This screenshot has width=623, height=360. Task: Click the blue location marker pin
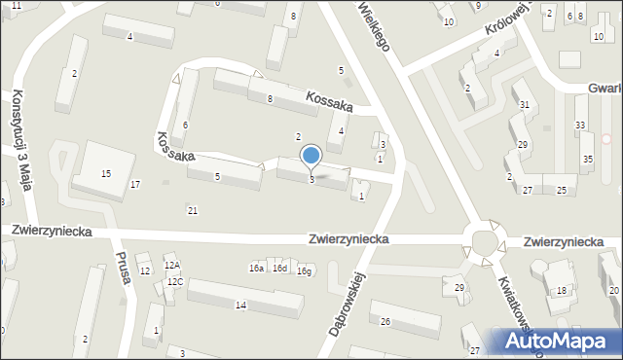[311, 156]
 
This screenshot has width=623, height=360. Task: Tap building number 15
[106, 173]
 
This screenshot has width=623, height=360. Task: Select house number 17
[135, 184]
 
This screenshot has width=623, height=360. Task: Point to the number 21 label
[193, 210]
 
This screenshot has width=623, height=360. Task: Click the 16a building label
[256, 268]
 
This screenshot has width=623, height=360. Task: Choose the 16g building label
[304, 270]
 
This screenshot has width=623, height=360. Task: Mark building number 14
[240, 306]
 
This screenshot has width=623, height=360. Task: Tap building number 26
[385, 321]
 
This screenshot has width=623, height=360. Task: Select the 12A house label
[171, 265]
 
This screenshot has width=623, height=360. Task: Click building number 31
[524, 105]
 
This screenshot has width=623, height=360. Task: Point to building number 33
[580, 126]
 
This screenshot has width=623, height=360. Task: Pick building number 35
[588, 159]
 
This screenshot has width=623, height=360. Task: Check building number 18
[562, 291]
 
